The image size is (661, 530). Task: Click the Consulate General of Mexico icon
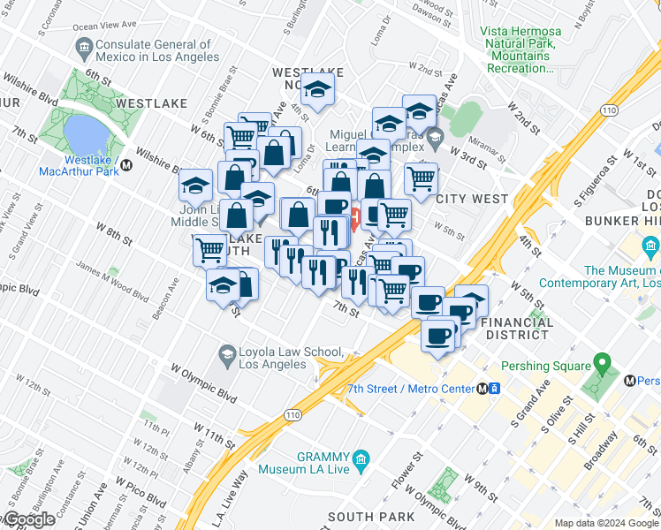pyautogui.click(x=85, y=46)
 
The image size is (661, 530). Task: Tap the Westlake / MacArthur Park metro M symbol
pyautogui.click(x=126, y=164)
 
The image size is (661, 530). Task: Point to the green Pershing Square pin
pyautogui.click(x=603, y=363)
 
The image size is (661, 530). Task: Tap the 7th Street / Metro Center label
pyautogui.click(x=412, y=389)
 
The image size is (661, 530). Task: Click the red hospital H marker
pyautogui.click(x=354, y=216)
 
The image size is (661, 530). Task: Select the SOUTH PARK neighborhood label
pyautogui.click(x=371, y=516)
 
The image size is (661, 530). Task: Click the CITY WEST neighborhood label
pyautogui.click(x=472, y=199)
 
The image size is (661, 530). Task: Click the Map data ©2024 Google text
pyautogui.click(x=605, y=523)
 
